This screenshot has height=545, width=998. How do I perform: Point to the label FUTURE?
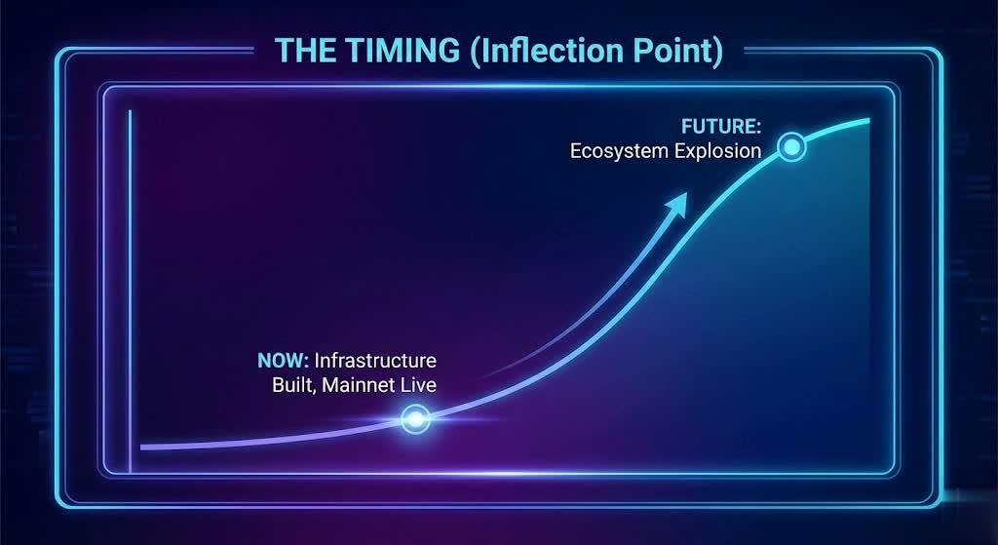coord(721,126)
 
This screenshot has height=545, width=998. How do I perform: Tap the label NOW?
coord(284,361)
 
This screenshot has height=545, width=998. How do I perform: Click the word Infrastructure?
coord(375,361)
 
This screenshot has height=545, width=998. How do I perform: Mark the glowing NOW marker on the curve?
coord(415,419)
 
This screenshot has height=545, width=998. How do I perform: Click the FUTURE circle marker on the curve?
coord(791,148)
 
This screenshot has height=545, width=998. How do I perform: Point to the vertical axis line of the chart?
coord(130,292)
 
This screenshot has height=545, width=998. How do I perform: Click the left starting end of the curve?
coord(141,447)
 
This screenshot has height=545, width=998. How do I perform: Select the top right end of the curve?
coord(868,120)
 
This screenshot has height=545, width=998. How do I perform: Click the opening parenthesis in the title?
coord(476,51)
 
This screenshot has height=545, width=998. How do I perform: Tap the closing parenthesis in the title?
coord(718,51)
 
